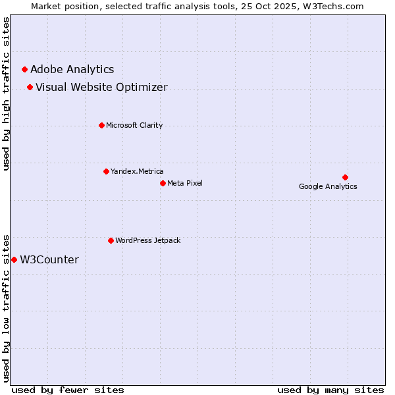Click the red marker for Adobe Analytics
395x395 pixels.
(24, 69)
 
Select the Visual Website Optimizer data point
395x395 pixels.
(30, 87)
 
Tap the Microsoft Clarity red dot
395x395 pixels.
(101, 125)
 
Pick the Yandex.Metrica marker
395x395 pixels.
(106, 171)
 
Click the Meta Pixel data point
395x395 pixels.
(163, 183)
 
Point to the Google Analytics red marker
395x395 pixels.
(345, 177)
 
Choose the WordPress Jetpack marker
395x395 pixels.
(111, 240)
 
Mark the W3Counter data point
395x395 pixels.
(14, 259)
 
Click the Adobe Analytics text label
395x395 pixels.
(72, 69)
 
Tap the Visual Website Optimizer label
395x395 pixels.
(101, 87)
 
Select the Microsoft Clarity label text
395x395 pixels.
(134, 125)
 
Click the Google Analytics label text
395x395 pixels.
(328, 186)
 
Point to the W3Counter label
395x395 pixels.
(49, 259)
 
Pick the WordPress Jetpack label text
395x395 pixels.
(147, 240)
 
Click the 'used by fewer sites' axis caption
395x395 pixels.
(68, 390)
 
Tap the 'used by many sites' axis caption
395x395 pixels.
(330, 390)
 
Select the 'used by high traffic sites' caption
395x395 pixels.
(7, 93)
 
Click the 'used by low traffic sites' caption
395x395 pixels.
(7, 307)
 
